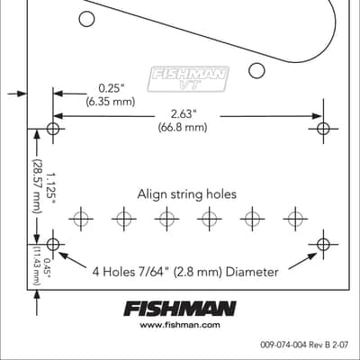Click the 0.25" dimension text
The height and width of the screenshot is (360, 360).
[111, 89]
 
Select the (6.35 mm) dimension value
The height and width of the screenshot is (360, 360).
[111, 102]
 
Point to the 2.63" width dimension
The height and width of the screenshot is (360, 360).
[184, 114]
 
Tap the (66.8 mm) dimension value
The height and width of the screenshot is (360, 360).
[183, 128]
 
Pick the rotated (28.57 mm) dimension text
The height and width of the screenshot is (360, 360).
[38, 186]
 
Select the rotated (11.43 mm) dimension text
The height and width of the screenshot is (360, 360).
[37, 265]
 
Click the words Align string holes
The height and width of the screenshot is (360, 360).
[187, 194]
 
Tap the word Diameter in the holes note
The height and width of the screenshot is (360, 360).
[252, 272]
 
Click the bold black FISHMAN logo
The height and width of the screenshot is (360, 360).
[180, 309]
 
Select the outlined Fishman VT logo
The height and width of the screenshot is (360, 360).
[188, 79]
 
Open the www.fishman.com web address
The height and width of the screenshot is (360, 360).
[180, 325]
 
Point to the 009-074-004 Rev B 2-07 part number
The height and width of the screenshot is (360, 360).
[304, 345]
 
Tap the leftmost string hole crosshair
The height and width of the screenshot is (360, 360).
[81, 219]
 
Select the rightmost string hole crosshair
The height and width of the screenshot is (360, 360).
[295, 219]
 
